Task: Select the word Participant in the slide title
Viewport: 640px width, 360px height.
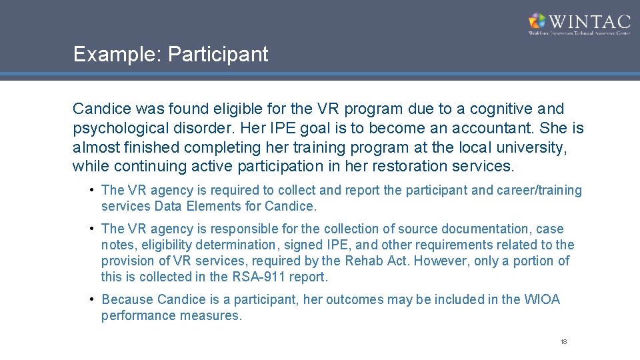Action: [x=218, y=55]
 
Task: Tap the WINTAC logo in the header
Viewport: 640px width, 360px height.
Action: [x=579, y=23]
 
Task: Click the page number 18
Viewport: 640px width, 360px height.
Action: [x=563, y=342]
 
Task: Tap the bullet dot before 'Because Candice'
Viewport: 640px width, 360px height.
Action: [x=91, y=299]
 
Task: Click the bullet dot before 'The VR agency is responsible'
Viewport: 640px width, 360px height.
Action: [x=91, y=228]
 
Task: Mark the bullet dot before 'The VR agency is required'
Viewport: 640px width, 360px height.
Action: [x=91, y=190]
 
